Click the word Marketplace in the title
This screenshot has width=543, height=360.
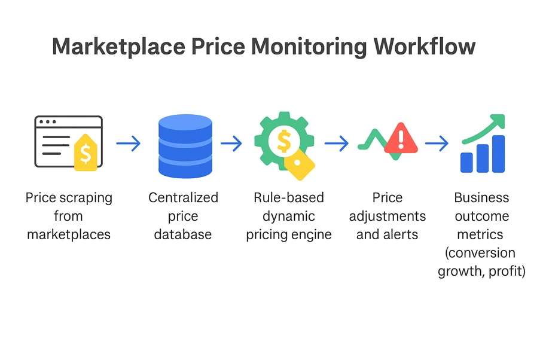click(x=119, y=47)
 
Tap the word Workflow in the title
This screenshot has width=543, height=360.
click(x=424, y=46)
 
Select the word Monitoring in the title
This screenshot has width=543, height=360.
click(x=309, y=47)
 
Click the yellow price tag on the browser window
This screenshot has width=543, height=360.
click(x=86, y=152)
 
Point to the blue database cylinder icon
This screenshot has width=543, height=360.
click(x=185, y=146)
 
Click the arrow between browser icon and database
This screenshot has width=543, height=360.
click(x=128, y=144)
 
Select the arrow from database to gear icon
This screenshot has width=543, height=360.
click(x=231, y=144)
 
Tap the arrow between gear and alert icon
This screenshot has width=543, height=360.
click(x=336, y=144)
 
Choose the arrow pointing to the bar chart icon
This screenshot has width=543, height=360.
click(x=437, y=144)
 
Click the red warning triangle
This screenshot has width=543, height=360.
click(x=401, y=138)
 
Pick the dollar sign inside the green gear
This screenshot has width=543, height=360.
click(x=284, y=141)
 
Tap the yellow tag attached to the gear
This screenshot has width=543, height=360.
click(x=299, y=164)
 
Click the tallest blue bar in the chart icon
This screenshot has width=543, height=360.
click(x=498, y=154)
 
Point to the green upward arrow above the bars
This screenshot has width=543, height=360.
click(x=484, y=128)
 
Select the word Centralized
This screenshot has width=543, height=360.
click(x=183, y=198)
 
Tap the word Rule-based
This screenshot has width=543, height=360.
click(x=289, y=198)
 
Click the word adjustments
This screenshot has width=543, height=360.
click(x=388, y=216)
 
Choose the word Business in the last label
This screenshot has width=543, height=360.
click(x=481, y=198)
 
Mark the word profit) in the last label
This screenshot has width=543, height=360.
click(x=507, y=271)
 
